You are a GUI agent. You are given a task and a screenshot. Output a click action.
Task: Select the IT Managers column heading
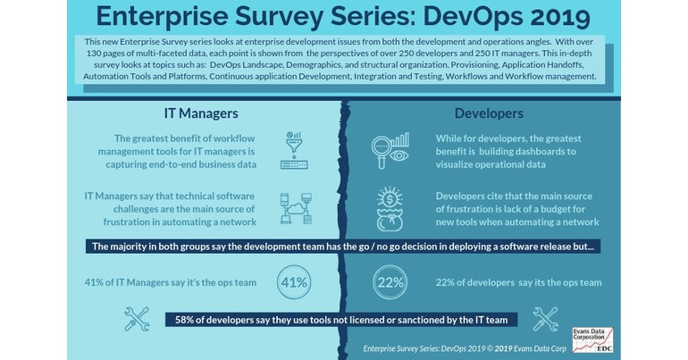click(201, 113)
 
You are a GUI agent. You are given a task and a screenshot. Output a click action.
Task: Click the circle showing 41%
click(295, 283)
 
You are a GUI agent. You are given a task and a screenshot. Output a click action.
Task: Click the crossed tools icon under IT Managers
click(137, 318)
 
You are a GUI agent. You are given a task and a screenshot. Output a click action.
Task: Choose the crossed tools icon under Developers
click(545, 318)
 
